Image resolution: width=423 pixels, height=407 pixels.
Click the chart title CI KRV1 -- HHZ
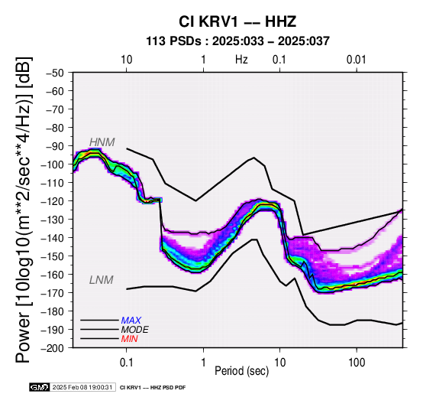coord(237,21)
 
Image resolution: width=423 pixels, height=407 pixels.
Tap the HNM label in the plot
coord(102,142)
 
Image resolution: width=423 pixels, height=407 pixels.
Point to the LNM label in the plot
coord(101,280)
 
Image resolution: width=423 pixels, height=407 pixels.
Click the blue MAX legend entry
coord(131,321)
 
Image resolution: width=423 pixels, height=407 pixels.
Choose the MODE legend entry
coord(134,330)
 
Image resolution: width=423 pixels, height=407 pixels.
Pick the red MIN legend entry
coord(129,339)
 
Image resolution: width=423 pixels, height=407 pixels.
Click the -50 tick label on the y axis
coord(55,73)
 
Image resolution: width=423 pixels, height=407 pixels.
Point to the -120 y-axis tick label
coord(53,201)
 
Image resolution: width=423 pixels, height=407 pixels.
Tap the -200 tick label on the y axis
coord(53,348)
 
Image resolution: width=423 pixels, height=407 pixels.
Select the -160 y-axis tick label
coord(53,275)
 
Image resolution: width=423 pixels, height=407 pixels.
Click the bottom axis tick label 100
coord(357,363)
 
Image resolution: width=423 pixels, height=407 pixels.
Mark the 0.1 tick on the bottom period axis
coord(126,363)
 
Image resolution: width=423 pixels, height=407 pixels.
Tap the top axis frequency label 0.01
coord(356,60)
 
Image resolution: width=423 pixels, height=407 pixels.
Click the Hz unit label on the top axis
coord(241,60)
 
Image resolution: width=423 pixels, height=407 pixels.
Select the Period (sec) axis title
coord(242,371)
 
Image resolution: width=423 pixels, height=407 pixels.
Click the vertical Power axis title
coord(24,210)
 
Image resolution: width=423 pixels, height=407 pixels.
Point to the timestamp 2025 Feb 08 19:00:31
coord(82,387)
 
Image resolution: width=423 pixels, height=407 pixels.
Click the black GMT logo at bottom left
coord(40,387)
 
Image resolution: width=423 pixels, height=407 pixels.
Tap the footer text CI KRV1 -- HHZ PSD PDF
coord(153,388)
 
